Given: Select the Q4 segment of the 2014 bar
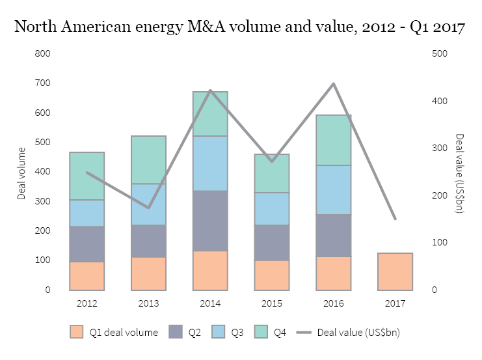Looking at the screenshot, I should tap(210, 114).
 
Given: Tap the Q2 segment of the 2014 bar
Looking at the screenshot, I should tap(210, 221).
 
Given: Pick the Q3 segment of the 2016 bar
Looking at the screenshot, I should tap(334, 189).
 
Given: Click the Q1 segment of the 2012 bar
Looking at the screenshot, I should tap(87, 276).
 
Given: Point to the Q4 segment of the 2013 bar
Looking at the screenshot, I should tap(148, 159).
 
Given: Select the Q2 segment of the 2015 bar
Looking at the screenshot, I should tap(272, 242).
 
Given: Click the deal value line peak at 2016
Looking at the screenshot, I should tap(334, 83).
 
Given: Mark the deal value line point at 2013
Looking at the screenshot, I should tap(148, 208).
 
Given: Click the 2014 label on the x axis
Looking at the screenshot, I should tap(210, 303).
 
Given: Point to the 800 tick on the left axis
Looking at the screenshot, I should tap(43, 54).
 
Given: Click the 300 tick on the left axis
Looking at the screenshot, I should tap(43, 201).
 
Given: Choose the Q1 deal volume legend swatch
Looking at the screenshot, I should tap(77, 333).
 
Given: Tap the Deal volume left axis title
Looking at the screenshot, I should tap(21, 172).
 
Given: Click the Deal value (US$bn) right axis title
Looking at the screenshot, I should tap(459, 172).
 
